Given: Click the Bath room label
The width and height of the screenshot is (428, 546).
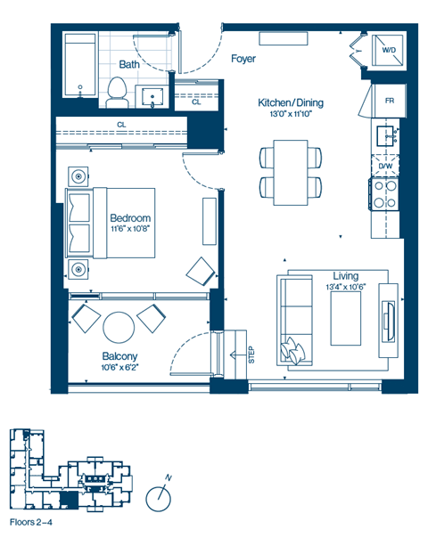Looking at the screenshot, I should tap(130, 64).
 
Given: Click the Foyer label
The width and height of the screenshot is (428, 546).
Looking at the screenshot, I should tap(243, 60).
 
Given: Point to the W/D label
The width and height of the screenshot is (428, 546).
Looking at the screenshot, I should tap(389, 51).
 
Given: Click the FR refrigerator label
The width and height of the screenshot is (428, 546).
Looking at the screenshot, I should tap(390, 101).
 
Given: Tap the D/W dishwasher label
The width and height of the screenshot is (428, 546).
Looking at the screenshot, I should tap(385, 167).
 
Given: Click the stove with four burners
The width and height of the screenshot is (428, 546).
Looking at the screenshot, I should tap(384, 194).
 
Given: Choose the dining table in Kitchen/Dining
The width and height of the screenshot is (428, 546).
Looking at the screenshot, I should tap(291, 172).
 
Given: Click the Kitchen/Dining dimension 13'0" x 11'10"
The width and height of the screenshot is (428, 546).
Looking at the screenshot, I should tap(290, 114).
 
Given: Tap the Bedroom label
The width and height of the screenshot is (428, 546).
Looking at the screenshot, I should tap(130, 218).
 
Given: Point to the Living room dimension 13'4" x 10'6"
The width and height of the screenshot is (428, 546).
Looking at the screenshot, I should tap(345, 288).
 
